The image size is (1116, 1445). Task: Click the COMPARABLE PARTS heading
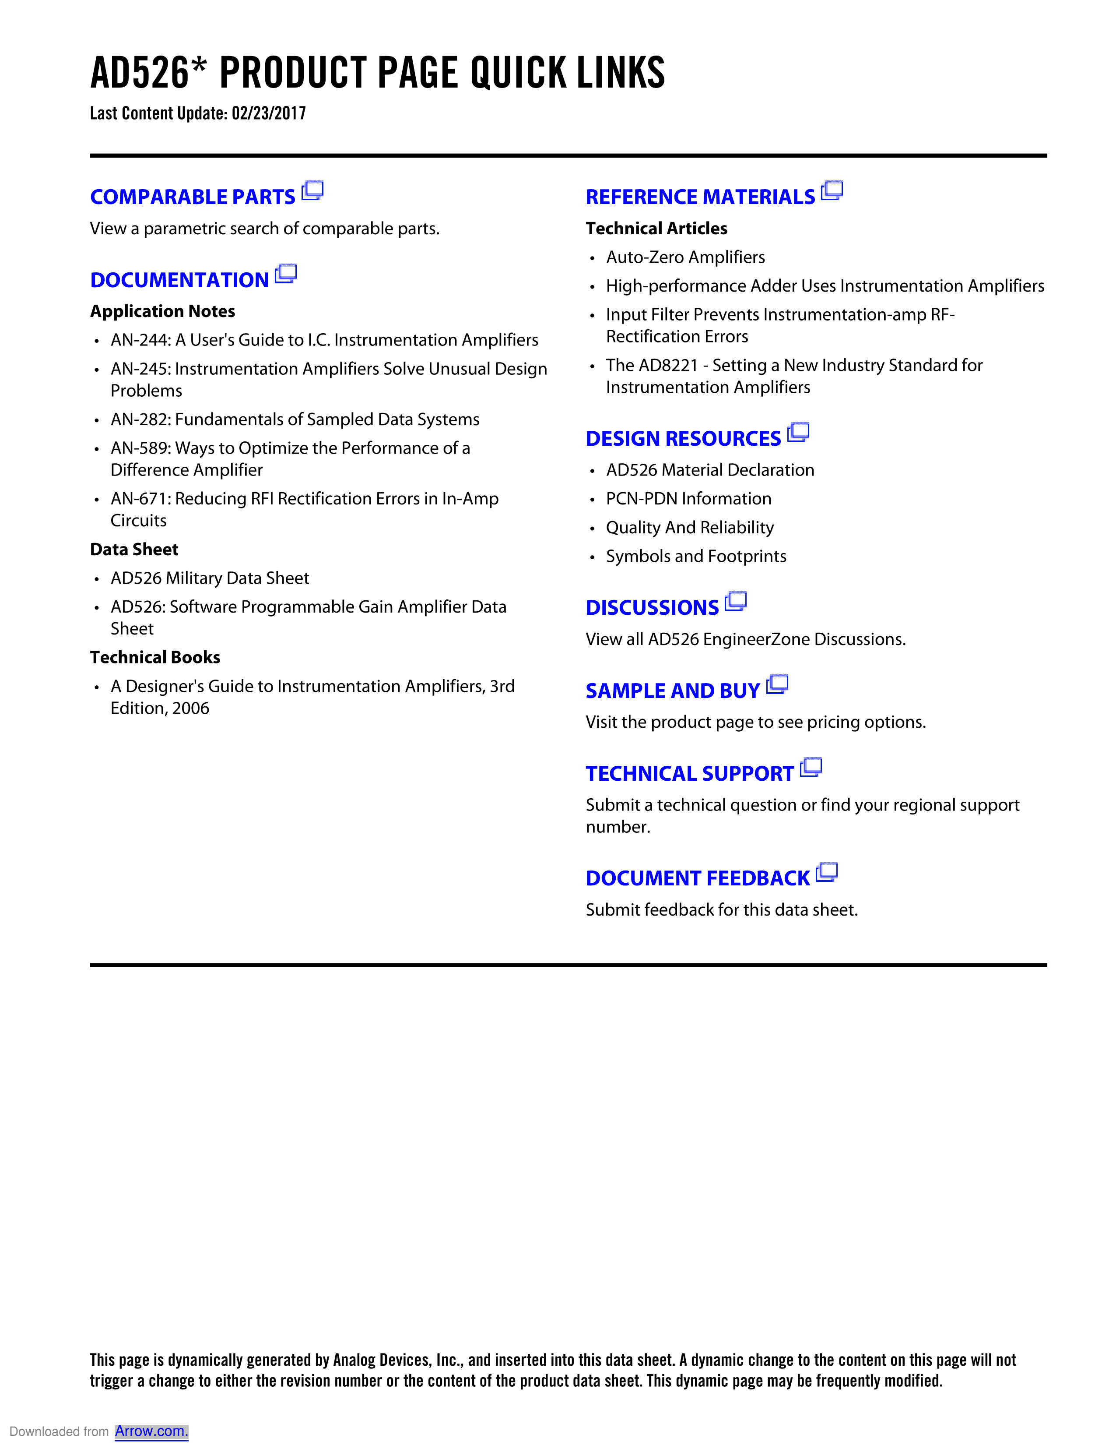(x=193, y=197)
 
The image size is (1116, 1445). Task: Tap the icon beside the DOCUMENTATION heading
(x=286, y=273)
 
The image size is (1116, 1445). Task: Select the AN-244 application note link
(x=324, y=340)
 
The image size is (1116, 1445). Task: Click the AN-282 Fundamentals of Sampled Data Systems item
(x=295, y=419)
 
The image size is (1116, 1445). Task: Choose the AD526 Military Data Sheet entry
(x=210, y=578)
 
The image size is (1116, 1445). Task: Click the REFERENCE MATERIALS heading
(x=700, y=197)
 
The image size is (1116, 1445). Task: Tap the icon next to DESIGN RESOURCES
(x=799, y=432)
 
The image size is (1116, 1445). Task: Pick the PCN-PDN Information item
(x=688, y=499)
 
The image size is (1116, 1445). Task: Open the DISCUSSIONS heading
(x=652, y=607)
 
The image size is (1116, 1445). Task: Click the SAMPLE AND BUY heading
(x=672, y=691)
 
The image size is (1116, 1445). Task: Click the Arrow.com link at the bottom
(x=151, y=1431)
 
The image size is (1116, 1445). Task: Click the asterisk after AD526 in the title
(x=199, y=65)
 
